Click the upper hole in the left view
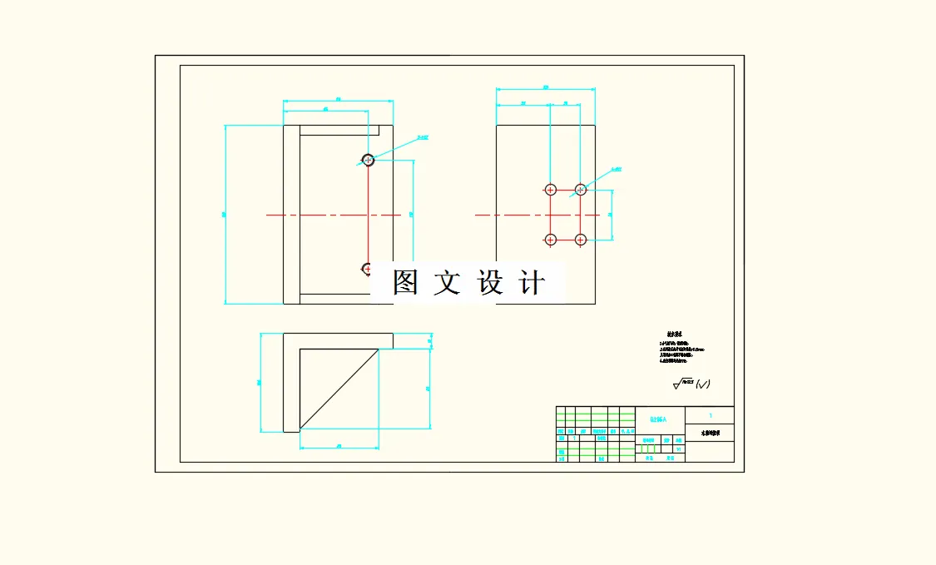point(368,159)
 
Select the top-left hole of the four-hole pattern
point(549,190)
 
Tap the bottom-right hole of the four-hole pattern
point(581,240)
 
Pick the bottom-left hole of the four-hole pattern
point(549,240)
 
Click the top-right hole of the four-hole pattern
point(581,190)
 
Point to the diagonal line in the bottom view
point(339,389)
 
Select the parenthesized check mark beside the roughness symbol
point(703,384)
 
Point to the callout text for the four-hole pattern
point(616,169)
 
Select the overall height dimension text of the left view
point(223,215)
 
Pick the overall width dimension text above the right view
point(546,87)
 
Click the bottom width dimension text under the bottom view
point(339,447)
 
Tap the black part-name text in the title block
point(710,434)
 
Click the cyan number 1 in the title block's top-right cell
point(710,414)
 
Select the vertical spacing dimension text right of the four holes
point(611,215)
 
